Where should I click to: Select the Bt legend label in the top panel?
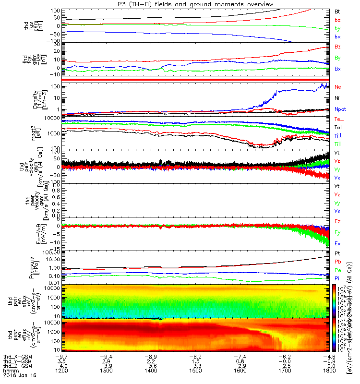tap(337, 11)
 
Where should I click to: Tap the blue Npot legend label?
tap(340, 109)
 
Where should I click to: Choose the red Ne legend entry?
tap(337, 87)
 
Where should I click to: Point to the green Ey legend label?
tap(337, 232)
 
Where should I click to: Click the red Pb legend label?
tap(337, 262)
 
